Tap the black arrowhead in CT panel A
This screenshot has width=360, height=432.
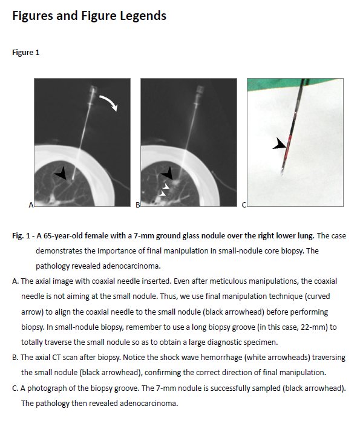pos(61,174)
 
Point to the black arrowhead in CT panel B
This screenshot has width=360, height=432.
pos(168,174)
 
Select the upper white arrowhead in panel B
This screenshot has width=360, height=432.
pos(166,186)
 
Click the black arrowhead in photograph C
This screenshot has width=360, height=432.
pos(280,144)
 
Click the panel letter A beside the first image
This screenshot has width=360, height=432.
pos(31,205)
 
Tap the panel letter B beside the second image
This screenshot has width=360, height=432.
pos(138,205)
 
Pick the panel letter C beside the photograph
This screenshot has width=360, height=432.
pos(244,205)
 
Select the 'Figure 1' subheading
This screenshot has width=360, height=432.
pos(26,53)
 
